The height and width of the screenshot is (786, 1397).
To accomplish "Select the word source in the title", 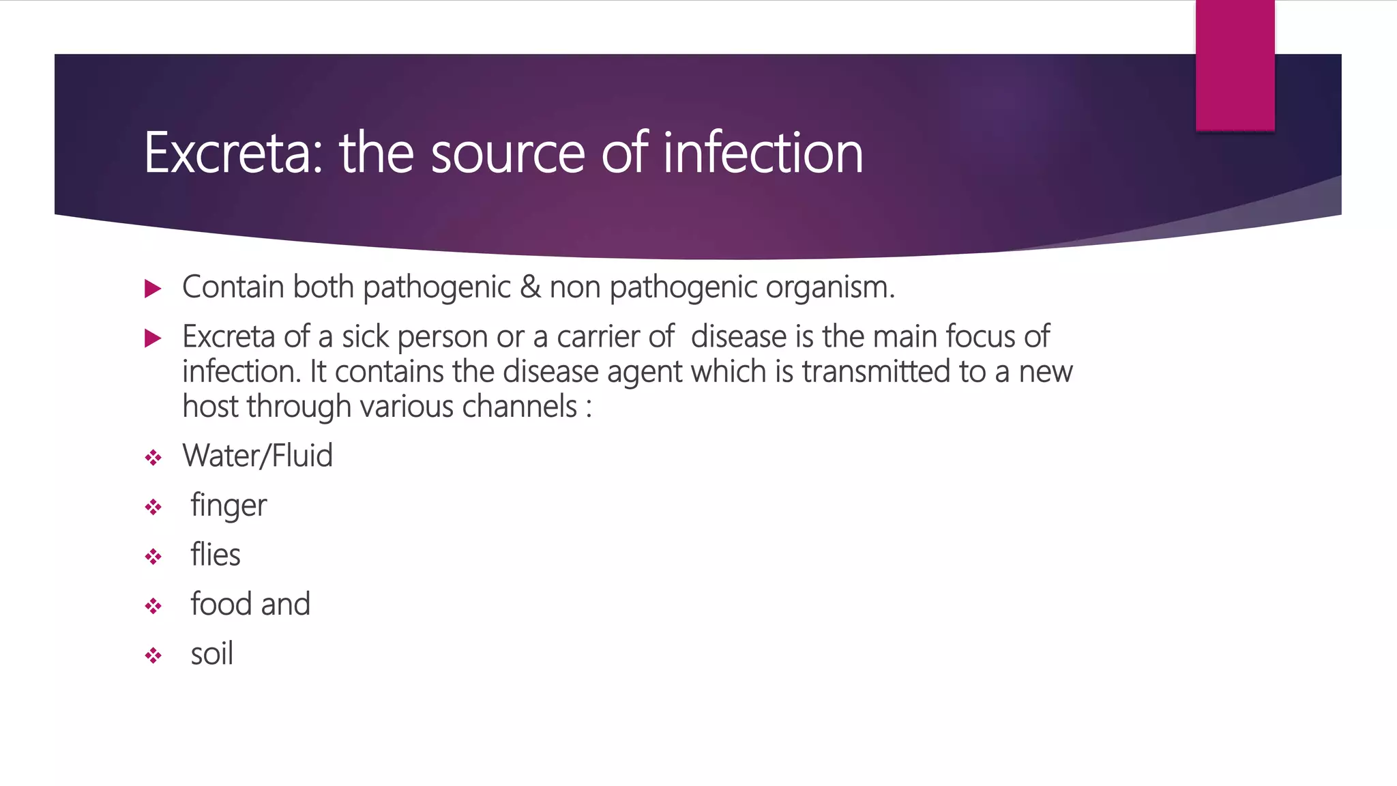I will pyautogui.click(x=508, y=153).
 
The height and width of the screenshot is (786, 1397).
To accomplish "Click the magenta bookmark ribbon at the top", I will pyautogui.click(x=1235, y=65).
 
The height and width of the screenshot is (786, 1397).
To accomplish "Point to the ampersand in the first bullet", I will pyautogui.click(x=530, y=287).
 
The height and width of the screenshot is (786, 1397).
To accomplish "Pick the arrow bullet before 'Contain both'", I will pyautogui.click(x=153, y=289).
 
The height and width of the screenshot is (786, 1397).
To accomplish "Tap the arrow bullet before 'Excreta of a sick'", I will pyautogui.click(x=153, y=338).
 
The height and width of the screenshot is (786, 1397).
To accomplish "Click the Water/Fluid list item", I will pyautogui.click(x=257, y=455).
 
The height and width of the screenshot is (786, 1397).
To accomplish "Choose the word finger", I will pyautogui.click(x=229, y=506).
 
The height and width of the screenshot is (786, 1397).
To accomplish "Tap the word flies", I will pyautogui.click(x=216, y=555).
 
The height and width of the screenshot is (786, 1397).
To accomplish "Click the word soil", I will pyautogui.click(x=212, y=654).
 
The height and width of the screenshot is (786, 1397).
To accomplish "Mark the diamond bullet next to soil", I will pyautogui.click(x=153, y=656).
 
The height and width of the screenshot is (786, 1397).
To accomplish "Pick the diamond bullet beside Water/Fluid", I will pyautogui.click(x=153, y=457).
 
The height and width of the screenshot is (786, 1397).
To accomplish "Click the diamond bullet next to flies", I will pyautogui.click(x=153, y=557).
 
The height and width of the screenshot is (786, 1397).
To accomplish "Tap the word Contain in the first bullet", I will pyautogui.click(x=233, y=287).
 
